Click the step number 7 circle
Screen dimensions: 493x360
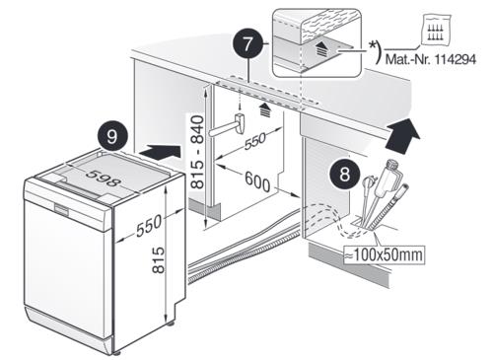click(x=247, y=44)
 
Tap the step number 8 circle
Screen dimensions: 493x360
click(x=344, y=175)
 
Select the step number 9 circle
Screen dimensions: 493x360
click(x=112, y=136)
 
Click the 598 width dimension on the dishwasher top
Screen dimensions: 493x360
click(x=104, y=179)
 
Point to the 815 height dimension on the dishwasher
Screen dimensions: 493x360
click(x=159, y=259)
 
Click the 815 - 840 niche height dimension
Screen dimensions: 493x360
click(x=197, y=152)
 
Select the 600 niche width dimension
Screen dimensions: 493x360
click(x=257, y=181)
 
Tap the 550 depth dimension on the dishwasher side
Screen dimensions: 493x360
click(x=149, y=226)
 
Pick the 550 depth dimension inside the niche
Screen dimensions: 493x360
click(x=255, y=141)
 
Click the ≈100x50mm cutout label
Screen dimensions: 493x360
click(x=384, y=254)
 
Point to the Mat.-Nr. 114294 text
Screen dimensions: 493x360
click(x=431, y=59)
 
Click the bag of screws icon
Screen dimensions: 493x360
click(x=436, y=30)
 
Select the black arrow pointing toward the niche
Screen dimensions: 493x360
click(x=160, y=152)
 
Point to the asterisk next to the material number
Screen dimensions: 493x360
click(x=373, y=45)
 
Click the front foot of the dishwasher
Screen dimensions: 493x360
click(x=117, y=353)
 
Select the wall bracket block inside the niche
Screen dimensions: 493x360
click(x=240, y=122)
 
